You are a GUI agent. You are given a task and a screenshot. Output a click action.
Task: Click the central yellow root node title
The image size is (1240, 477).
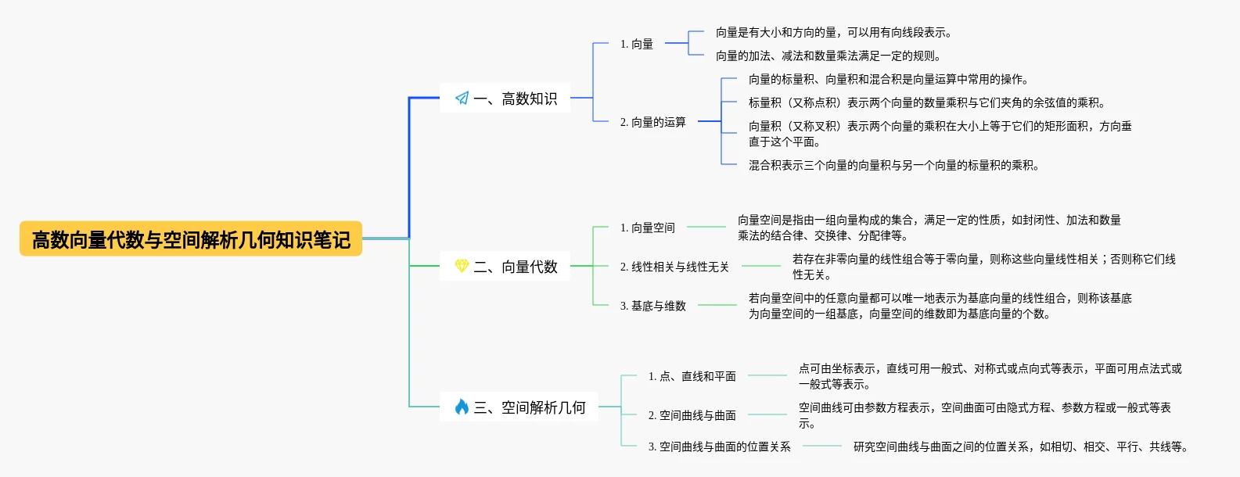(x=191, y=239)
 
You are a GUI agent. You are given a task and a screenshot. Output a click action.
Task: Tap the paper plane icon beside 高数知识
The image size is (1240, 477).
(x=462, y=99)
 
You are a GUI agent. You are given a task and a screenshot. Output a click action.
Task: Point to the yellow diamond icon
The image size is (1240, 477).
(x=462, y=266)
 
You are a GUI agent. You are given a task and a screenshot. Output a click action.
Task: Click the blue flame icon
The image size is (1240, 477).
(x=462, y=407)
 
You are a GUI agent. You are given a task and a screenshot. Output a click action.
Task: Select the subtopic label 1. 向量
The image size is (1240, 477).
(x=636, y=44)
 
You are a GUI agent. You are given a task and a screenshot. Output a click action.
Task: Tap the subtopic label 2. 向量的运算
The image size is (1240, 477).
(x=652, y=122)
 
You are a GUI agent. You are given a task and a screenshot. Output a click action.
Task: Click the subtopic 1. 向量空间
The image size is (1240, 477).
(x=647, y=228)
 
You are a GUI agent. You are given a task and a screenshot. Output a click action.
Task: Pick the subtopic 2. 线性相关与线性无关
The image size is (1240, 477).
(x=674, y=267)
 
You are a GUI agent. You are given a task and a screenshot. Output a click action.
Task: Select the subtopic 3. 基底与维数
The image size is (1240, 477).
(x=652, y=306)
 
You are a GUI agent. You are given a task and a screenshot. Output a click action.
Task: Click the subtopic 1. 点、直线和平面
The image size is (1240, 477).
(x=692, y=376)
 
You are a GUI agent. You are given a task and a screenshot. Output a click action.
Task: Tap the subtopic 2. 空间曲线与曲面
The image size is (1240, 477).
(x=692, y=415)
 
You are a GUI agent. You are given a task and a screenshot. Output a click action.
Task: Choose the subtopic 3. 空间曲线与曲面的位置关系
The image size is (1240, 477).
(x=719, y=447)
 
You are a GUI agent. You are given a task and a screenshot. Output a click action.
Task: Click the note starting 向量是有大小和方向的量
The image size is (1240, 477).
(x=833, y=32)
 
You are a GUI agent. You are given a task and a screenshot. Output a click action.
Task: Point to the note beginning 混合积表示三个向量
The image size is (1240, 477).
(x=893, y=165)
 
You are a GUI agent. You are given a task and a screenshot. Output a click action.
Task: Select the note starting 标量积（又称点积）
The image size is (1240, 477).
(x=926, y=102)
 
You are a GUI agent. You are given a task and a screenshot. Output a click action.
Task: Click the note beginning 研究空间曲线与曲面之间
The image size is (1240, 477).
(x=1020, y=447)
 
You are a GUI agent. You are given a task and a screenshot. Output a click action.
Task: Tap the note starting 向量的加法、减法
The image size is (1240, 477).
(x=828, y=56)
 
